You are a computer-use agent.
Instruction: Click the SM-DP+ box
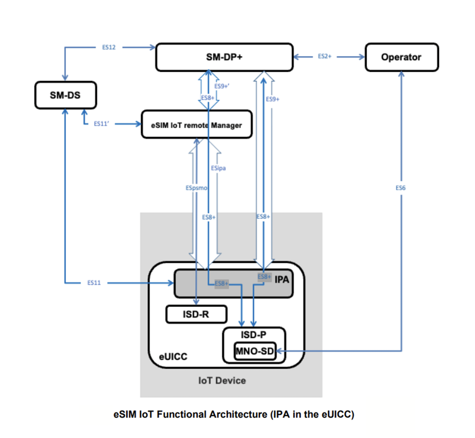[224, 57]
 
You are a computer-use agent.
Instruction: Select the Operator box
[401, 57]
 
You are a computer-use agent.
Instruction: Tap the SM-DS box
[65, 95]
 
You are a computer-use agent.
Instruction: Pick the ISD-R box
[196, 314]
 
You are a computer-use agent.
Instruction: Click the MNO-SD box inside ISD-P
[254, 351]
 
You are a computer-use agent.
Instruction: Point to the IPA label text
[282, 280]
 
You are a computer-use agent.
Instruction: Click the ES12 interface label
[109, 47]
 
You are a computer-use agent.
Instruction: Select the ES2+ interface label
[325, 56]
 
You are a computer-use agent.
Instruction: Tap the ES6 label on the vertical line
[401, 188]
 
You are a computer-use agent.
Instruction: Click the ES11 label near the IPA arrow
[94, 283]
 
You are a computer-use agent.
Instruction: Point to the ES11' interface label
[101, 124]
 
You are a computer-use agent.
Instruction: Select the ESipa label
[218, 168]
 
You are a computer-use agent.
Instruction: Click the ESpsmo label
[196, 188]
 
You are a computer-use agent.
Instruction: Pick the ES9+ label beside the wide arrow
[273, 99]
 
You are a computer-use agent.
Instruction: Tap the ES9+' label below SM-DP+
[222, 86]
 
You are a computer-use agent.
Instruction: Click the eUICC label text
[173, 357]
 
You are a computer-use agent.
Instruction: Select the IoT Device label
[222, 380]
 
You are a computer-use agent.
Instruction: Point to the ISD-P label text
[254, 335]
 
